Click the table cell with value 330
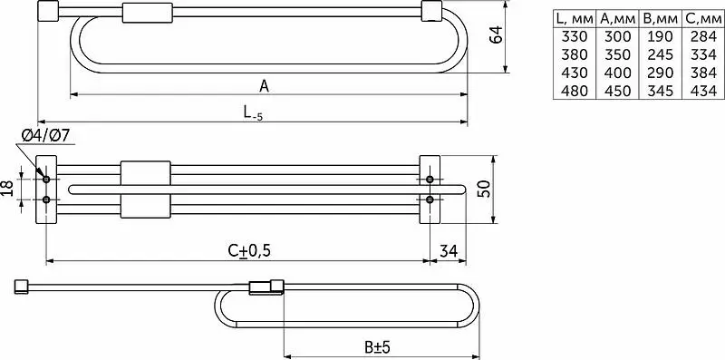click(x=575, y=36)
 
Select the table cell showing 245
click(x=661, y=54)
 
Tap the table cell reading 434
click(x=703, y=91)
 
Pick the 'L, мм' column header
click(x=575, y=19)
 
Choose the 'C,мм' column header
click(x=703, y=19)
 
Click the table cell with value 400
click(x=617, y=73)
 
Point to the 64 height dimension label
click(x=496, y=34)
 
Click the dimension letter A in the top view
click(x=264, y=86)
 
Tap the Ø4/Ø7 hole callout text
click(x=45, y=136)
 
